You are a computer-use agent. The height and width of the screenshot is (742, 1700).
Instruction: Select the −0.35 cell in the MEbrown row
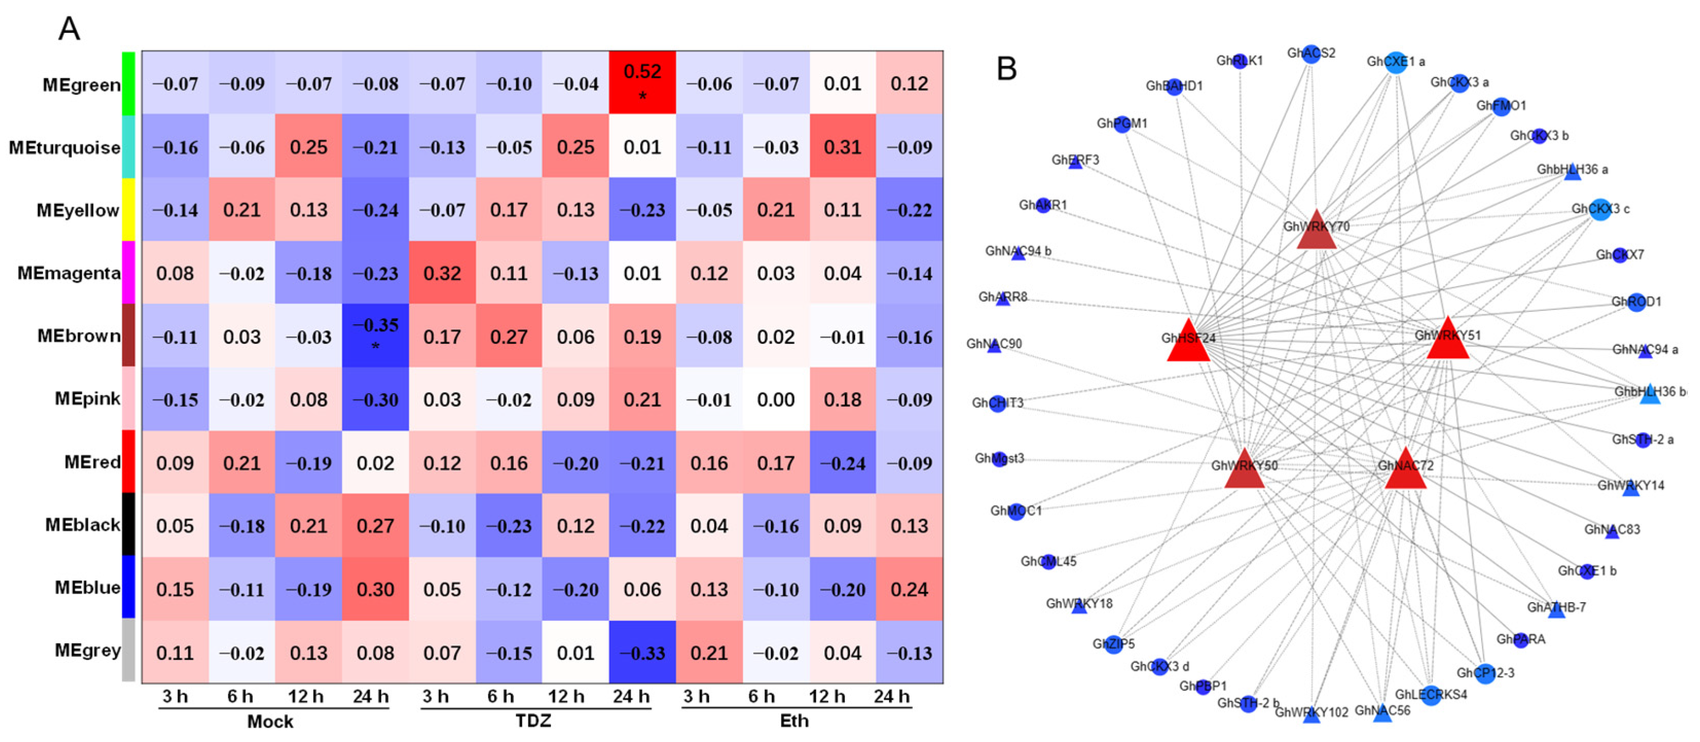click(x=376, y=336)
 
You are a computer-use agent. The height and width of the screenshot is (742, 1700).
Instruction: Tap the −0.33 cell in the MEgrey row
click(x=642, y=652)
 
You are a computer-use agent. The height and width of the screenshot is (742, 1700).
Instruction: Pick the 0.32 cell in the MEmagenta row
click(x=442, y=273)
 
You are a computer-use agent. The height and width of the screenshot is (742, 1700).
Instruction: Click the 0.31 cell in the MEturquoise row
click(x=843, y=146)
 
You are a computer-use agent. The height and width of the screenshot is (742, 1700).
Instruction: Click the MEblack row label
click(x=83, y=525)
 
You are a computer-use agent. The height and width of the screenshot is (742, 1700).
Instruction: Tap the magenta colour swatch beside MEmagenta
click(x=128, y=272)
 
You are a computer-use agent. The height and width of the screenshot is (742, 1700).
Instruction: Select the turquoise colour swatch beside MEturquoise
click(x=128, y=146)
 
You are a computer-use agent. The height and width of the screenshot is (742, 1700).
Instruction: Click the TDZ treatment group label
click(x=533, y=720)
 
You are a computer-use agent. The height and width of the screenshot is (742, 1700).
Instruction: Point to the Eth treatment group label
click(x=794, y=720)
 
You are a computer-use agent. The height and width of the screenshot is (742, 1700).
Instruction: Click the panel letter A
click(x=69, y=29)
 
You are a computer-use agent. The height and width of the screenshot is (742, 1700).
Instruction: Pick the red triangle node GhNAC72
click(x=1405, y=471)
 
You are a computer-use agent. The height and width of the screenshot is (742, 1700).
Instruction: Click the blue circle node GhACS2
click(x=1312, y=53)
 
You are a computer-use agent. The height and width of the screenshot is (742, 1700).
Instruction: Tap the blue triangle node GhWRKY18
click(x=1079, y=606)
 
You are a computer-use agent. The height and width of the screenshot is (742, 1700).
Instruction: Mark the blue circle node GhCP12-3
click(x=1485, y=673)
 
